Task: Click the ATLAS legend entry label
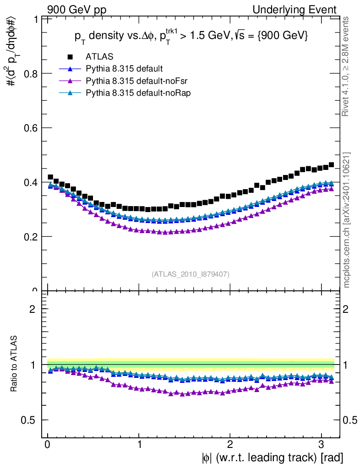tap(99, 57)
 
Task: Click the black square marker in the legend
tap(70, 57)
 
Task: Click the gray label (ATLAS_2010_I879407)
tap(191, 274)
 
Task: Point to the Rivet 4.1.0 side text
tap(347, 66)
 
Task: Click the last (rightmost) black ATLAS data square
tap(331, 165)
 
